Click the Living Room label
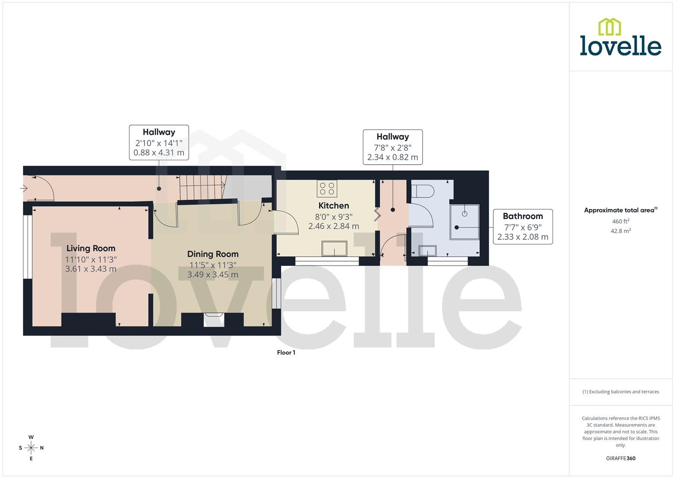91,248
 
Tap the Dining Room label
213,254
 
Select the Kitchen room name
334,205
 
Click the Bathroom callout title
522,216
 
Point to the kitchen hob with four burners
327,189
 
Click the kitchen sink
334,248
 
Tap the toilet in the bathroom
422,191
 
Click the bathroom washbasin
427,251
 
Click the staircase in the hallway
202,187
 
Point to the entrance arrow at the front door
24,189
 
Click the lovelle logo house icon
609,27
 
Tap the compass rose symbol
31,447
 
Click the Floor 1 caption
286,353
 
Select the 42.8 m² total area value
620,231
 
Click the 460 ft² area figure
620,221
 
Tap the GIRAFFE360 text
620,459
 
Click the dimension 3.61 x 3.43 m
91,269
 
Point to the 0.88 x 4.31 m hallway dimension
159,153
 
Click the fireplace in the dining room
214,320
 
